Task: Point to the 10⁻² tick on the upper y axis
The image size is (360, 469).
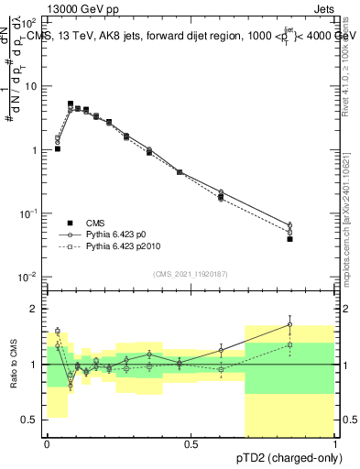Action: [30, 276]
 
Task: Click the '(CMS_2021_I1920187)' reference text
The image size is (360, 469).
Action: [191, 274]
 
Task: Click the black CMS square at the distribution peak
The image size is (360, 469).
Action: [71, 104]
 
